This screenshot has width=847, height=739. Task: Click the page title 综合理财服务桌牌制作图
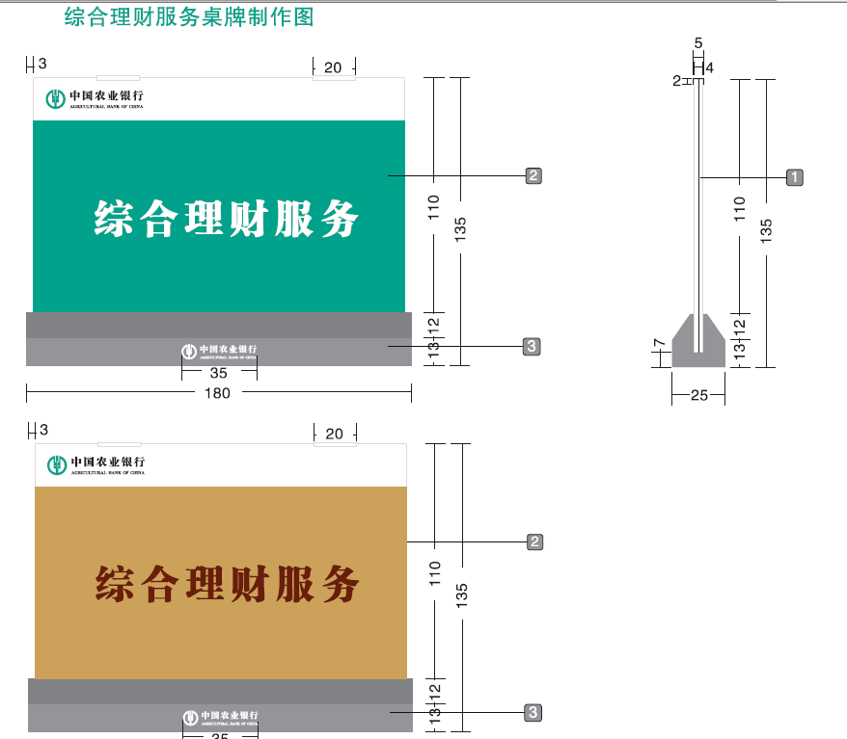[x=189, y=16]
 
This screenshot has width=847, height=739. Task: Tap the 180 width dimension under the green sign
[x=218, y=393]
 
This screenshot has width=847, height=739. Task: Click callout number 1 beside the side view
[x=794, y=177]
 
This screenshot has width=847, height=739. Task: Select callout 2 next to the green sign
[x=533, y=175]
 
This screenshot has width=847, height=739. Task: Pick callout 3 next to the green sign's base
[x=532, y=346]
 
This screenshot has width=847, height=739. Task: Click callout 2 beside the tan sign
[x=535, y=541]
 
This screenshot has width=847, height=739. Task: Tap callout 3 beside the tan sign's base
[x=533, y=712]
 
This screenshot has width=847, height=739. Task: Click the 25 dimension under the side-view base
[x=698, y=395]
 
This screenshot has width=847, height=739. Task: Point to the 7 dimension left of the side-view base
[x=658, y=344]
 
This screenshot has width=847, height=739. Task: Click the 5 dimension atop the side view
[x=698, y=42]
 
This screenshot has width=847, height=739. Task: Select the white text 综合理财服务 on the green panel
[x=227, y=219]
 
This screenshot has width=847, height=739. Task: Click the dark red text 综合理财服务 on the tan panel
[x=228, y=584]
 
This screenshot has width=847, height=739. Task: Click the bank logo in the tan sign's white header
[x=97, y=464]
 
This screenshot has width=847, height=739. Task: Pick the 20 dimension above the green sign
[x=333, y=67]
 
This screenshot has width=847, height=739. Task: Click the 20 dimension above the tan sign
[x=334, y=434]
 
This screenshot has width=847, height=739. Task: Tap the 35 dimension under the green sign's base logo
[x=219, y=372]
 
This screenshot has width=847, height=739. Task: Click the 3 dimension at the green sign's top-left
[x=41, y=65]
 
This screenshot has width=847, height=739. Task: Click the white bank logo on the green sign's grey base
[x=220, y=351]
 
